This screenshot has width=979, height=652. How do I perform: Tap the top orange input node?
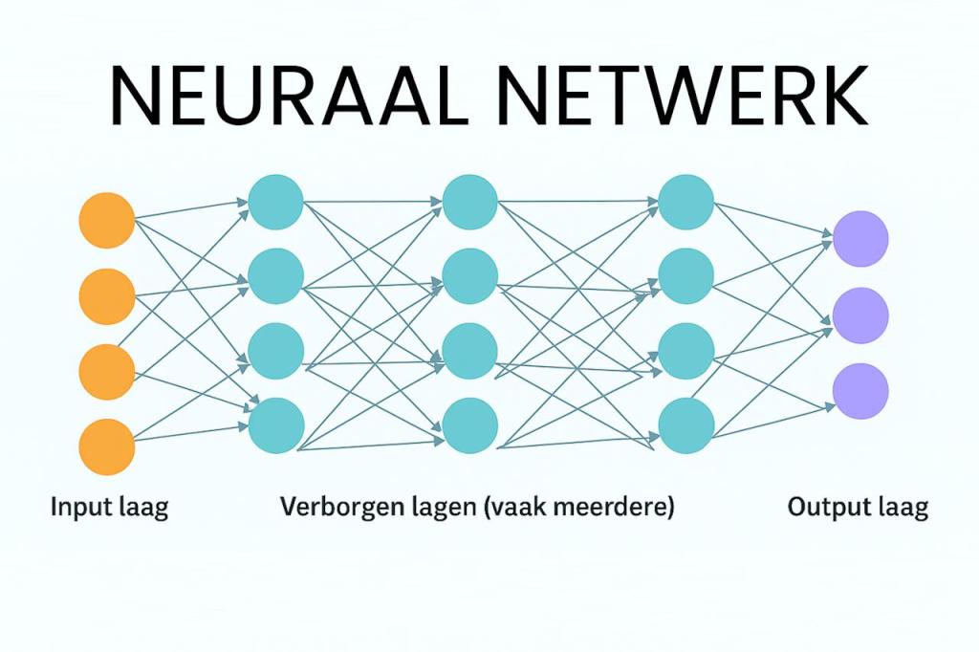107,220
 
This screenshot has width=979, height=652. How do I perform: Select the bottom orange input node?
107,446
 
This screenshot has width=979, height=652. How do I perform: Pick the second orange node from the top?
107,295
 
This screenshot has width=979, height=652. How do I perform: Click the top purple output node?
860,238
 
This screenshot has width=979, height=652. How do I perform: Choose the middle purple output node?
860,314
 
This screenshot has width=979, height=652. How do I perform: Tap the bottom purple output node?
860,390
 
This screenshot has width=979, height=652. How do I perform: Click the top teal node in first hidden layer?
275,202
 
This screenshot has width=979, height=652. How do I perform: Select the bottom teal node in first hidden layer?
276,425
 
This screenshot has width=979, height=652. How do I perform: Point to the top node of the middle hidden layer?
469,202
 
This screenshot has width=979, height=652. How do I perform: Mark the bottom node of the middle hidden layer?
469,425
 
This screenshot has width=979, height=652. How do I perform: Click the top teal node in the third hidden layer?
685,202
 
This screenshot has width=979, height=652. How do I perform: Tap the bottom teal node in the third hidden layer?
685,425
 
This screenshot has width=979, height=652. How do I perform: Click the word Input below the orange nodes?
81,507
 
